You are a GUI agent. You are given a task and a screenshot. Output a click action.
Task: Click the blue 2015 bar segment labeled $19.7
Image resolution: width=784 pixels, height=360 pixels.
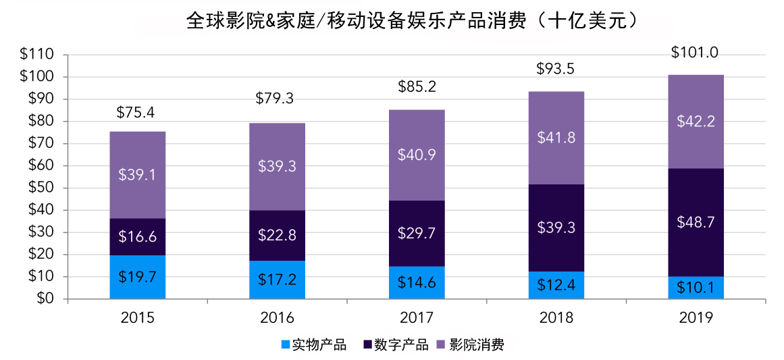(x=138, y=277)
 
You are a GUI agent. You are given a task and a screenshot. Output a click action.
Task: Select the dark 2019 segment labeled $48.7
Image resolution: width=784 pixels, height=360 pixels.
(x=696, y=222)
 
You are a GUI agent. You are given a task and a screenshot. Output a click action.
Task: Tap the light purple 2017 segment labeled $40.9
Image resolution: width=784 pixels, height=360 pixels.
(x=417, y=155)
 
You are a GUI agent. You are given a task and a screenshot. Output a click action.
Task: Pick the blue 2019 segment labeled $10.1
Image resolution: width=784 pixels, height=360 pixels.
(x=696, y=288)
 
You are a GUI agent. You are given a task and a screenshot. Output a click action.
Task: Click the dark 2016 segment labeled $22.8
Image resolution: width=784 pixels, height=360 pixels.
(x=277, y=235)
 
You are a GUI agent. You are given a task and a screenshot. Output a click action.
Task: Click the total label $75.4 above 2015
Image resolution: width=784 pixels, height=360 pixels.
(x=138, y=111)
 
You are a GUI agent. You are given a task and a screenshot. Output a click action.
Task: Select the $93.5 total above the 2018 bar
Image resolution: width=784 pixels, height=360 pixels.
(x=556, y=69)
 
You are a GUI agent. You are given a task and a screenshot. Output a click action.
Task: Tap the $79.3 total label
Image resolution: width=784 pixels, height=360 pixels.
(x=277, y=99)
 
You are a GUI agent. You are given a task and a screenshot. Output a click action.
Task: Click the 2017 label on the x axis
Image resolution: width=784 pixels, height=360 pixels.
(x=417, y=317)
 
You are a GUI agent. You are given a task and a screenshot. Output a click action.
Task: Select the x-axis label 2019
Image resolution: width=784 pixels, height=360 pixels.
(x=696, y=317)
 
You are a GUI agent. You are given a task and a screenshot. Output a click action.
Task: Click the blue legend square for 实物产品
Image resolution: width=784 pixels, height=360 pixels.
(x=286, y=345)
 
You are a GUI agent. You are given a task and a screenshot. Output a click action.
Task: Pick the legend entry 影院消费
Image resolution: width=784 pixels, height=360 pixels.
(x=477, y=345)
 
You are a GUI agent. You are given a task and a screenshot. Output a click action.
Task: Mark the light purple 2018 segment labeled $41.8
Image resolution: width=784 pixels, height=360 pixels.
(x=556, y=138)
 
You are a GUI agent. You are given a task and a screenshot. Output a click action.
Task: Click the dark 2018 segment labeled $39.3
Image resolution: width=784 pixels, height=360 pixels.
(x=556, y=228)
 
